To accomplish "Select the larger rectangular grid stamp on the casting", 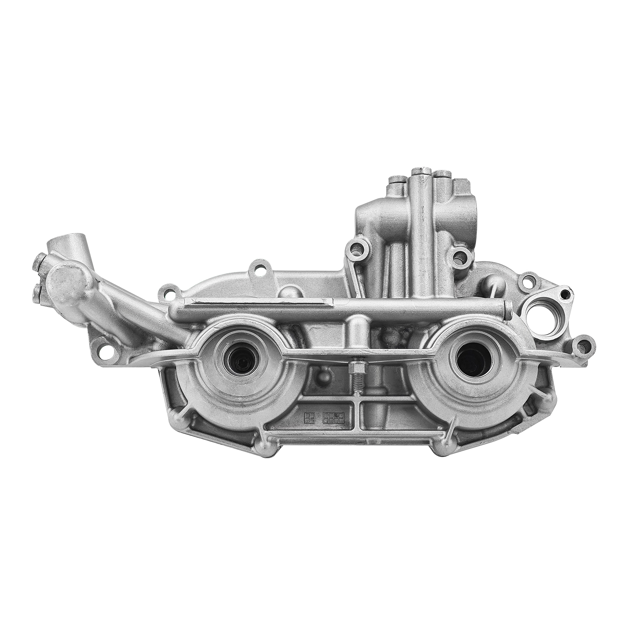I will [334, 418].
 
